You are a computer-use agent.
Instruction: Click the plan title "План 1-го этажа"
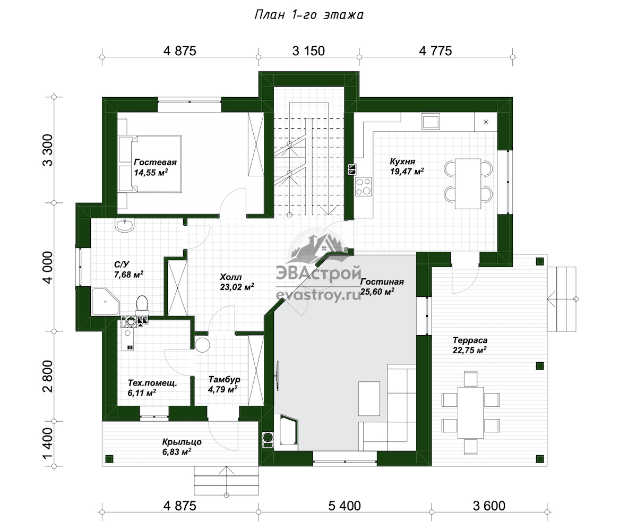(x=309, y=15)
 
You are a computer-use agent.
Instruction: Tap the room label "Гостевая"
(x=156, y=162)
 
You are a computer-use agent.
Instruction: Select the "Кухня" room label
(x=402, y=161)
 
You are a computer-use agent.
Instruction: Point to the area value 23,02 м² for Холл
(x=237, y=287)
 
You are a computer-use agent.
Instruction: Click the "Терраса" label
(x=470, y=340)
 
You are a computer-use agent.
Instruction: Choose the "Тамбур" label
(x=224, y=379)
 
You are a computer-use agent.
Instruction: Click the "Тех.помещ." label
(x=152, y=383)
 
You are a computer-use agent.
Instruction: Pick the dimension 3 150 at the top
(x=308, y=51)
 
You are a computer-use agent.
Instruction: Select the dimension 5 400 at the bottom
(x=345, y=506)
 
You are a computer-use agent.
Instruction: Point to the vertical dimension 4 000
(x=48, y=267)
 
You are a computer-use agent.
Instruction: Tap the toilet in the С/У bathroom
(x=142, y=305)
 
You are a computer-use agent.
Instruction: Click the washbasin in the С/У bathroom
(x=124, y=225)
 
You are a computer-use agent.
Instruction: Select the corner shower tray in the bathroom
(x=105, y=301)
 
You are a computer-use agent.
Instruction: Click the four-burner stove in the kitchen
(x=363, y=186)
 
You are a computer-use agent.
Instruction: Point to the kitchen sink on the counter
(x=431, y=121)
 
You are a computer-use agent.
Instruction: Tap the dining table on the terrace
(x=470, y=413)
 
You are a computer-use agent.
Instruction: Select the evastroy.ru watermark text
(x=318, y=295)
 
